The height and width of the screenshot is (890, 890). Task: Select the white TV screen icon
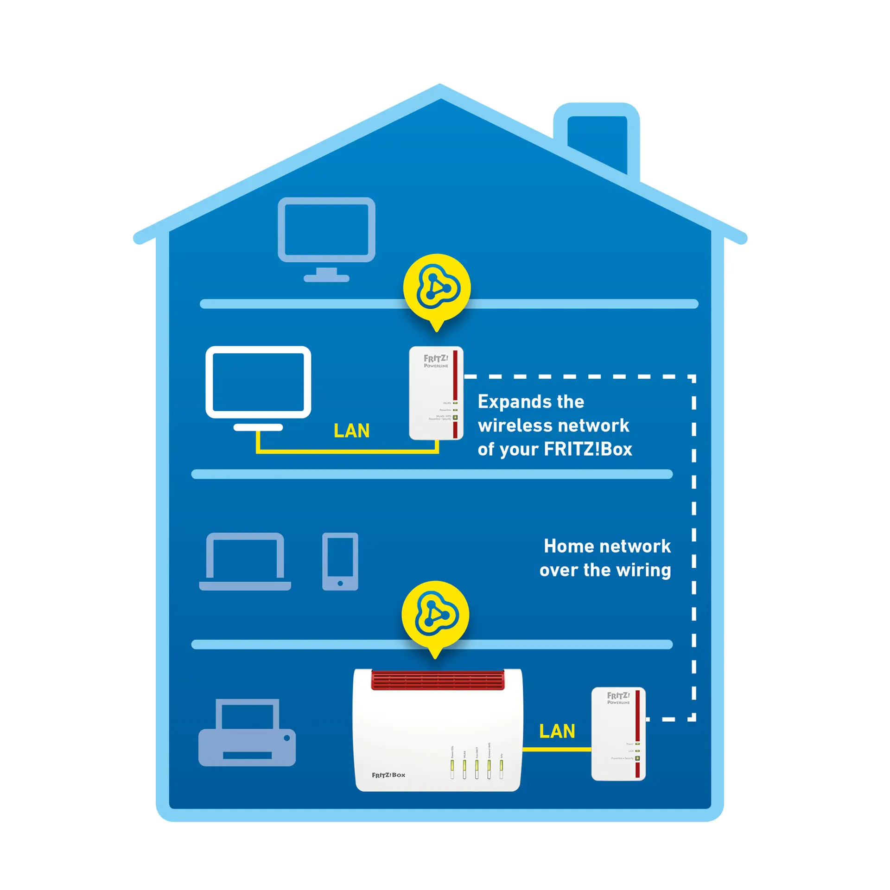(x=258, y=382)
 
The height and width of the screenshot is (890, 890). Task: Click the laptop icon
(x=245, y=561)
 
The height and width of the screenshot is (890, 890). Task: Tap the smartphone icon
(x=340, y=561)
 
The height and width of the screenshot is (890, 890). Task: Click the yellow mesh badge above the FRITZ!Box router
(x=435, y=615)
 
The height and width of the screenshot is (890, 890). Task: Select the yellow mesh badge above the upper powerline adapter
(x=437, y=288)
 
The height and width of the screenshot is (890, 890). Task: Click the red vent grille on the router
(x=438, y=680)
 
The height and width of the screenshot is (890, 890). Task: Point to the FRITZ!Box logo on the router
(x=388, y=775)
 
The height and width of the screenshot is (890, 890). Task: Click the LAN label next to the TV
(x=351, y=431)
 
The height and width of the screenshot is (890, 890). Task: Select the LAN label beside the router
(x=557, y=731)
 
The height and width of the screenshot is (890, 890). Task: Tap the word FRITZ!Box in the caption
(x=588, y=449)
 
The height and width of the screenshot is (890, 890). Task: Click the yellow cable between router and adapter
(x=557, y=749)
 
